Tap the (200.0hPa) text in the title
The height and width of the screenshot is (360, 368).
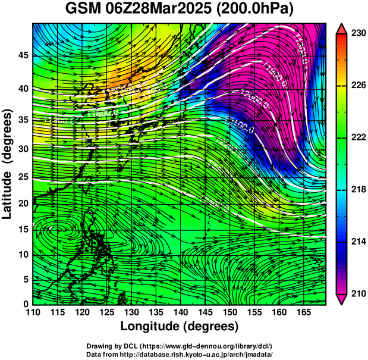(257, 10)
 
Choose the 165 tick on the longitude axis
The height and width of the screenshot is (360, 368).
(303, 312)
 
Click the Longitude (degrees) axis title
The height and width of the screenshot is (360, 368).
(180, 327)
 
